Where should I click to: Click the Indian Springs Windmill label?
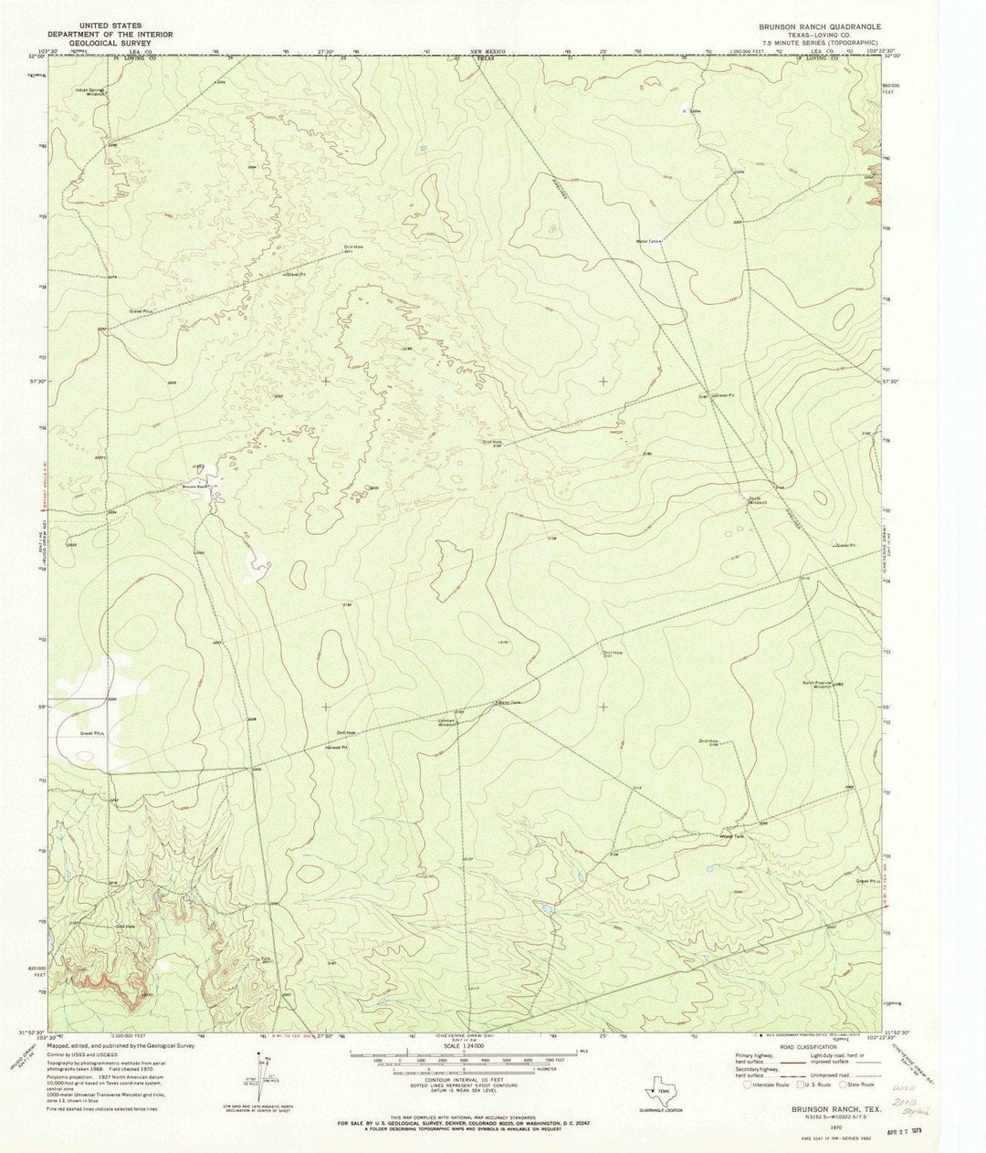[x=90, y=92]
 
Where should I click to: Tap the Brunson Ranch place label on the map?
[x=196, y=486]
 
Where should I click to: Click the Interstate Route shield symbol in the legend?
[x=749, y=1085]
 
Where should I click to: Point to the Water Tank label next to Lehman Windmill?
[x=509, y=702]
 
